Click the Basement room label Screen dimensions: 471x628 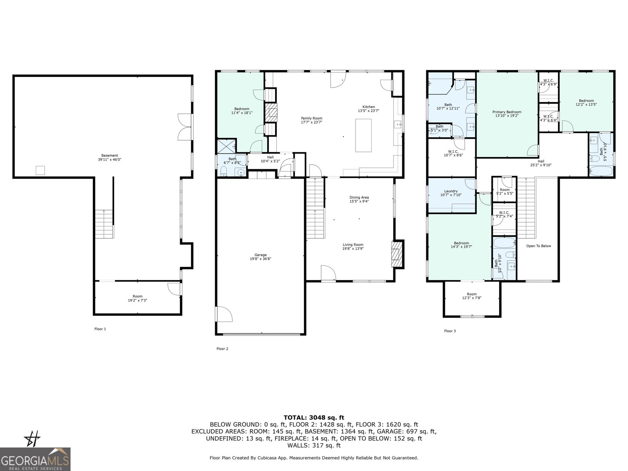pyautogui.click(x=110, y=155)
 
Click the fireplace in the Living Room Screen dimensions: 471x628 pyautogui.click(x=397, y=254)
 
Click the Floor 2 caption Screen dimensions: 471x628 pyautogui.click(x=222, y=349)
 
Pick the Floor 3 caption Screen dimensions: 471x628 pyautogui.click(x=450, y=331)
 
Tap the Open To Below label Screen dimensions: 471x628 pyautogui.click(x=539, y=246)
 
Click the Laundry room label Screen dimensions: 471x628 pyautogui.click(x=451, y=191)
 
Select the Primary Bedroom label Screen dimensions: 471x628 pyautogui.click(x=507, y=112)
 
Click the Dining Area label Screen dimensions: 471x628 pyautogui.click(x=359, y=197)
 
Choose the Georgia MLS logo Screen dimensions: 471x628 pyautogui.click(x=35, y=459)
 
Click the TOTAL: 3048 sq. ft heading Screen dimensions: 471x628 pyautogui.click(x=314, y=418)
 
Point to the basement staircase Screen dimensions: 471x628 pyautogui.click(x=104, y=224)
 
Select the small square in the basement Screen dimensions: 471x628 pyautogui.click(x=40, y=170)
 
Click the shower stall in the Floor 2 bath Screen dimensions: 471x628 pyautogui.click(x=227, y=146)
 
